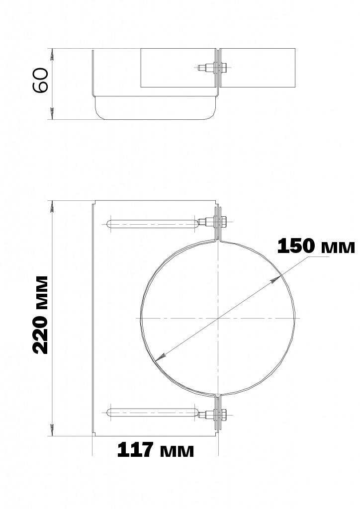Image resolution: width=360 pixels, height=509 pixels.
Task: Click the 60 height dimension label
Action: (x=41, y=80)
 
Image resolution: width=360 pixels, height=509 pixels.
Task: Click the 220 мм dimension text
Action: (x=40, y=315)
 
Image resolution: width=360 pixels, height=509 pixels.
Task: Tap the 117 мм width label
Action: (x=156, y=450)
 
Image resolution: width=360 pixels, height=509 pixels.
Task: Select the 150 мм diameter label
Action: (x=316, y=246)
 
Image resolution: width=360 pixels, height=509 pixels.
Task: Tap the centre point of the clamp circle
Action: (x=218, y=318)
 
